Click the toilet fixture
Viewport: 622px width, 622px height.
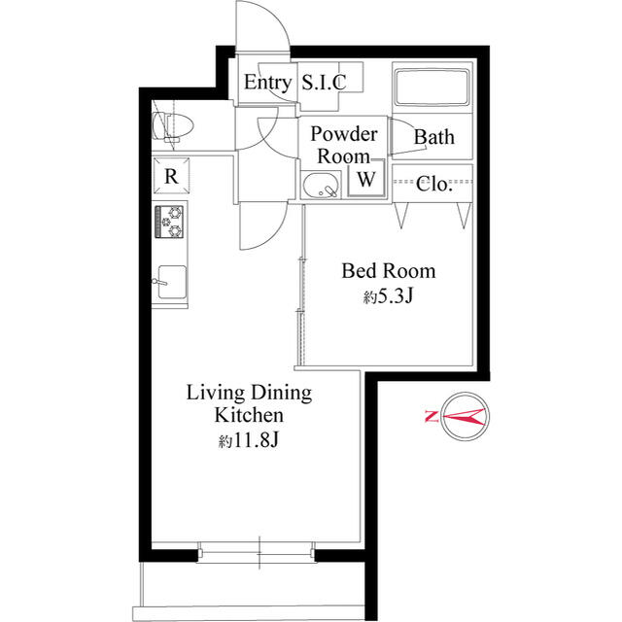click(x=173, y=127)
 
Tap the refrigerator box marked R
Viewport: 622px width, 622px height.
click(x=171, y=176)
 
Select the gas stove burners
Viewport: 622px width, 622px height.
click(x=170, y=222)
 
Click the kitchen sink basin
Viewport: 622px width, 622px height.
click(x=172, y=282)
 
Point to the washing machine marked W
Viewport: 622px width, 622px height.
click(x=366, y=178)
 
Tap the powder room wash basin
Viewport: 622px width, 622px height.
click(x=321, y=186)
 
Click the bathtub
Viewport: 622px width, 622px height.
click(x=432, y=88)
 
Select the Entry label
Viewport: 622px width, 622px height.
click(x=267, y=83)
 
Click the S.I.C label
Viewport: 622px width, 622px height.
click(x=324, y=82)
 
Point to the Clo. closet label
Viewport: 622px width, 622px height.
click(x=434, y=184)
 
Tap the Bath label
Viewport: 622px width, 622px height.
click(x=434, y=137)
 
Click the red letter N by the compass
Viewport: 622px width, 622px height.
click(x=432, y=416)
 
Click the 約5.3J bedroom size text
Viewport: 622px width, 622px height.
click(x=389, y=295)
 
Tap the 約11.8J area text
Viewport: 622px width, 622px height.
click(x=249, y=440)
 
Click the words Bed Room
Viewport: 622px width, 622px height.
click(x=389, y=271)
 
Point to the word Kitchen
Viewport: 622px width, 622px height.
click(x=249, y=415)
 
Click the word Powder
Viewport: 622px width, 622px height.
click(x=343, y=134)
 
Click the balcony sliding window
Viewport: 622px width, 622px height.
click(x=257, y=552)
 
